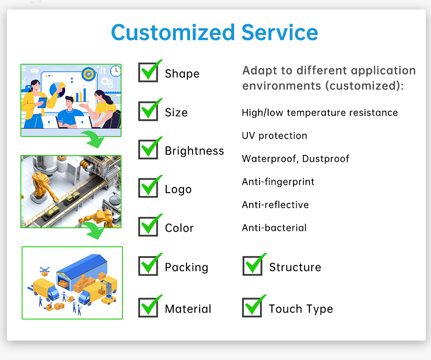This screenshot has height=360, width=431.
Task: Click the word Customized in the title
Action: pos(173,33)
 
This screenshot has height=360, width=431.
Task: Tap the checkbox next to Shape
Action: pos(148,72)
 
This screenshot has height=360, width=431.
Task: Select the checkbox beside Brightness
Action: pos(148,149)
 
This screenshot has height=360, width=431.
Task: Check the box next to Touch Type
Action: pos(252,307)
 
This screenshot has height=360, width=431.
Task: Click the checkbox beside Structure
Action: pos(253,266)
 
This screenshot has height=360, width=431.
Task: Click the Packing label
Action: pos(187,267)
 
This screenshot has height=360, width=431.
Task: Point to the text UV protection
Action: pos(274,136)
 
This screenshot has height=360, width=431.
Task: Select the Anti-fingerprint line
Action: pos(278,182)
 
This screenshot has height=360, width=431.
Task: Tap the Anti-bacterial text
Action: pos(274,228)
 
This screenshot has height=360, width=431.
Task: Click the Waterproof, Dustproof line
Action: pos(296,159)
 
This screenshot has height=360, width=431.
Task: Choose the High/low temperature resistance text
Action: pos(320,112)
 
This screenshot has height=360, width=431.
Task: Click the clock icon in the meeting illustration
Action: pos(116,71)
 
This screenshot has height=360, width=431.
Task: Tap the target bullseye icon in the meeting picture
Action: pos(88,74)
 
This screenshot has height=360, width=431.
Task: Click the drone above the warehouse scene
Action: pos(44,270)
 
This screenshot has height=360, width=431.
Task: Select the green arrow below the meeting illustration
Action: pos(93,139)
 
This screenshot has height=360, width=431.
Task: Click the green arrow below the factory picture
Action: pos(93,230)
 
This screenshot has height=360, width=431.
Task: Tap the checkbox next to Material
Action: pos(148,307)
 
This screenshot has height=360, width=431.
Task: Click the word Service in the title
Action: pos(280,33)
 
